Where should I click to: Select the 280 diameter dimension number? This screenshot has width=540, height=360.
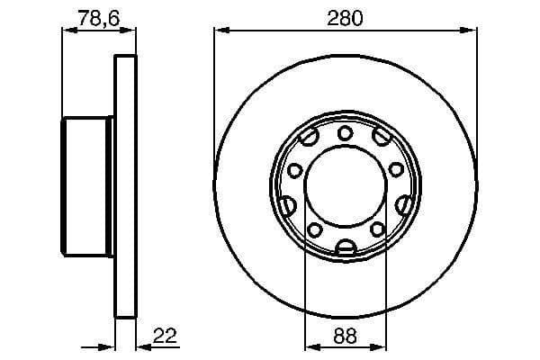coord(345,16)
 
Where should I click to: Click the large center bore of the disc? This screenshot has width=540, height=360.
coord(345,190)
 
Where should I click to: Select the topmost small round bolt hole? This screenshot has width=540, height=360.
coord(345,135)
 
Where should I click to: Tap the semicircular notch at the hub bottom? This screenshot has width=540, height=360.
coord(345,247)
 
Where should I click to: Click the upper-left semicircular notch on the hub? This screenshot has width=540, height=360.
coord(310,139)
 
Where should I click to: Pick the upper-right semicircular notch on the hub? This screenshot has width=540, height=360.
coord(382,137)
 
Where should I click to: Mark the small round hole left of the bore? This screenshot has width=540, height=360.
coord(294,171)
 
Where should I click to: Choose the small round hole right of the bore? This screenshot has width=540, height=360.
coord(396,170)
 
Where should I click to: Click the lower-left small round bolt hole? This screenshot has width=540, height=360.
coord(315,230)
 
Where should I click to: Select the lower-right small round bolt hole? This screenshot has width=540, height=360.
coord(375,230)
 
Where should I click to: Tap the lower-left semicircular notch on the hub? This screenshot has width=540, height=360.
coord(287,206)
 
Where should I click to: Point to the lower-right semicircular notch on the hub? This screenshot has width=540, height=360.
coord(404,205)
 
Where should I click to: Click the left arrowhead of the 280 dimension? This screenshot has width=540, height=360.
coord(219,31)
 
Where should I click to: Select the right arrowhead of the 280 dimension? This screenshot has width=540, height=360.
coord(472,31)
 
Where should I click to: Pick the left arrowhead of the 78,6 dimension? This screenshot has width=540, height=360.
coord(66,31)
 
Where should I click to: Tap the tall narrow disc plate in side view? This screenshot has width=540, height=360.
coord(127,187)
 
